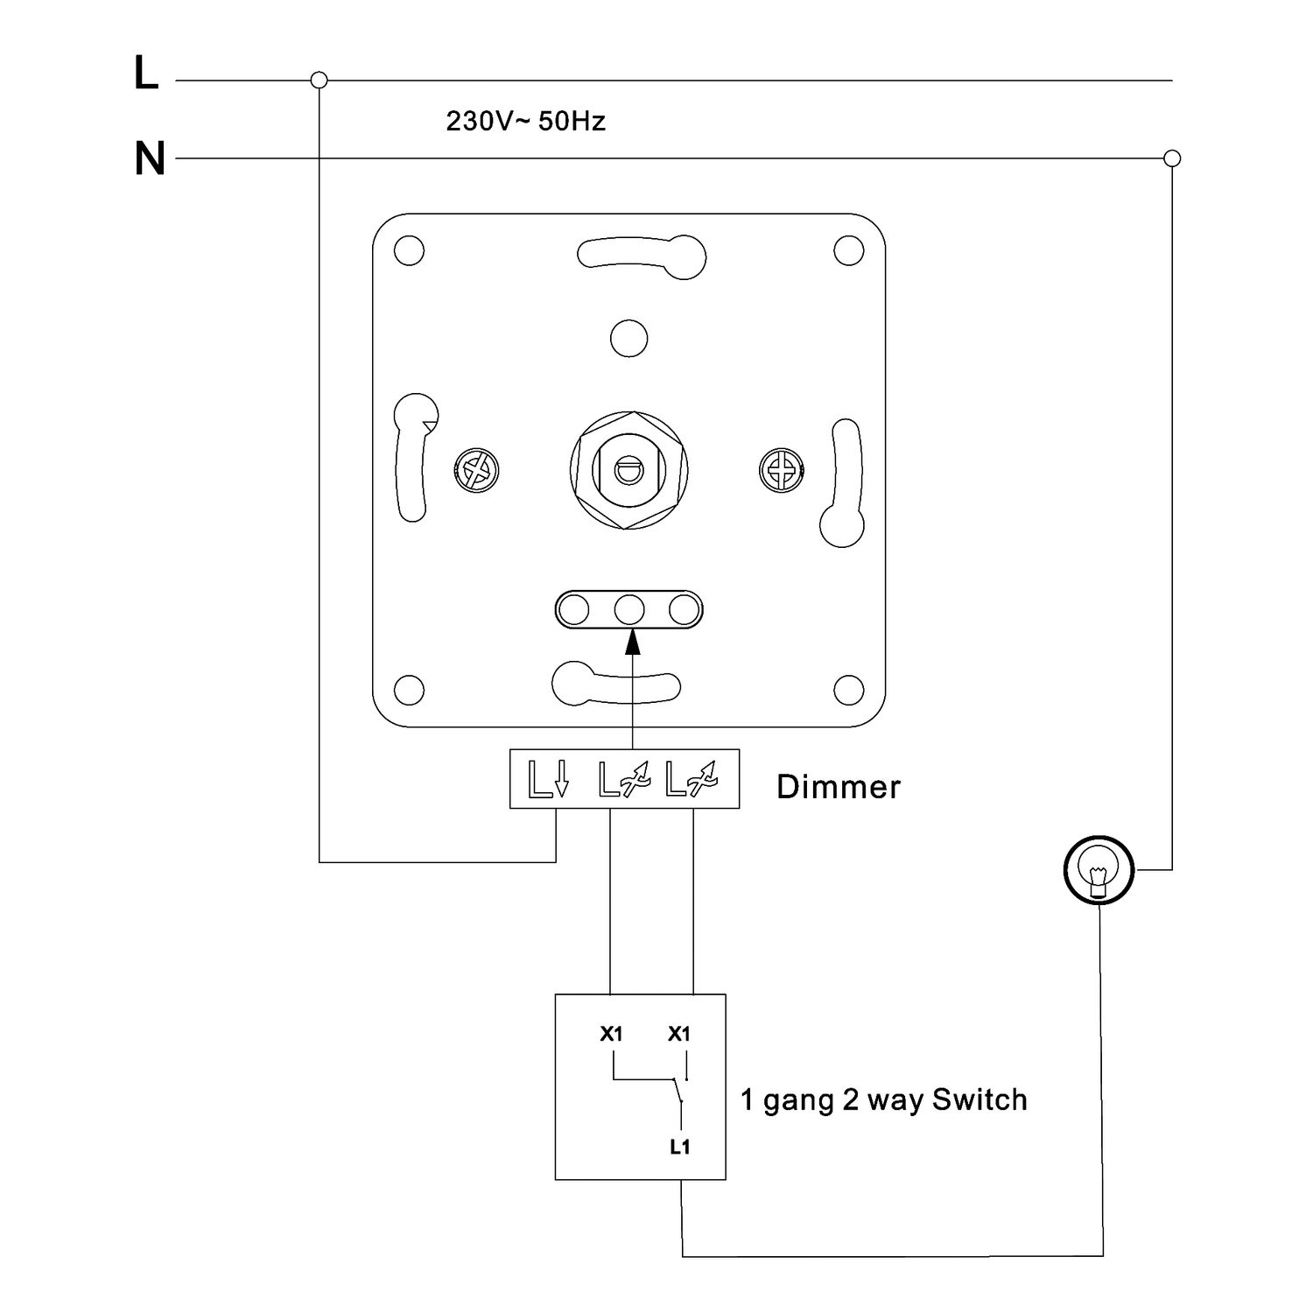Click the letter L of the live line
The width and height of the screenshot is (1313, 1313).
[145, 74]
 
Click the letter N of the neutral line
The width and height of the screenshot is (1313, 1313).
[150, 159]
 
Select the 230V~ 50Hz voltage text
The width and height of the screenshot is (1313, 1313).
[525, 121]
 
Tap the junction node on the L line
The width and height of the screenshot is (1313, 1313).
[319, 81]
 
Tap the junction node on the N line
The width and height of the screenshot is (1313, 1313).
[1173, 158]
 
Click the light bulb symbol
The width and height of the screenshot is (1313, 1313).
[1099, 871]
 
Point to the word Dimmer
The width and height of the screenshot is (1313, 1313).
[838, 787]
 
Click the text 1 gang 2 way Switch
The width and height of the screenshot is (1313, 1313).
[883, 1099]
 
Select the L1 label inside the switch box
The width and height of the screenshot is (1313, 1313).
[680, 1147]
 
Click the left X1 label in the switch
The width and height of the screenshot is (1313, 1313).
[611, 1034]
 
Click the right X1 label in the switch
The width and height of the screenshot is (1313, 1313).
[679, 1034]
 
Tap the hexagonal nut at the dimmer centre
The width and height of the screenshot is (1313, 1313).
[628, 470]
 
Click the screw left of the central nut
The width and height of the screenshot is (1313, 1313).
[477, 471]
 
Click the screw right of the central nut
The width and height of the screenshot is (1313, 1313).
[781, 470]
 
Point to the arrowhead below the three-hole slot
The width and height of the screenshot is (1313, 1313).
[632, 642]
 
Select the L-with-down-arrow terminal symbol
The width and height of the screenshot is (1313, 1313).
[549, 778]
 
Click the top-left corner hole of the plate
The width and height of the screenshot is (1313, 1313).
[409, 251]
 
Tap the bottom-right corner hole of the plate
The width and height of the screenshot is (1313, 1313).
[848, 690]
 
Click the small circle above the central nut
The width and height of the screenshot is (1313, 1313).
[628, 339]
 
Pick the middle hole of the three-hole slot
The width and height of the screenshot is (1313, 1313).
[629, 610]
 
